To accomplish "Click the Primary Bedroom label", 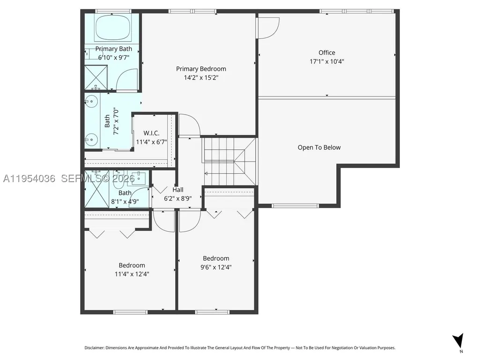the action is (201, 69).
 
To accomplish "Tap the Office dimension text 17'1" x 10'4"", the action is (326, 61).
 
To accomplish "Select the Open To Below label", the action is (319, 147).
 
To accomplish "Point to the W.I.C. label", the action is (151, 133).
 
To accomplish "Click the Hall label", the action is (178, 190).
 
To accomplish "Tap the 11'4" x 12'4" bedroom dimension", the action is (132, 274).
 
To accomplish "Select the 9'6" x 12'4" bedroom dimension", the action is (216, 267).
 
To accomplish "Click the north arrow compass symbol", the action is (458, 340).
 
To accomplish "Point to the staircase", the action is (229, 162).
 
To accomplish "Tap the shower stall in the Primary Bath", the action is (96, 77).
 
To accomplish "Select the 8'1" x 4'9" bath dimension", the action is (125, 202).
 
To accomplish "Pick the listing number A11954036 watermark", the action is (29, 178).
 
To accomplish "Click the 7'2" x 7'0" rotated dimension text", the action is (116, 121).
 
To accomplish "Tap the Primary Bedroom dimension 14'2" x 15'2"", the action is (201, 77).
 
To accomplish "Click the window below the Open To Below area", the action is (295, 206).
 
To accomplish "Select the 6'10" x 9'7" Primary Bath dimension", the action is (114, 58).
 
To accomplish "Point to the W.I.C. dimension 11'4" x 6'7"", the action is (151, 142).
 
